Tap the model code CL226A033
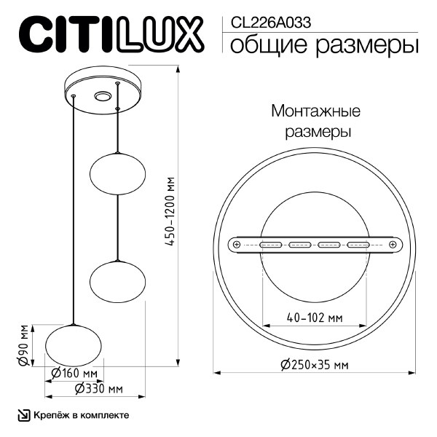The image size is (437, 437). coord(270,22)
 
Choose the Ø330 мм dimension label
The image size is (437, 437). coord(98,390)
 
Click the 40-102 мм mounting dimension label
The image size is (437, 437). coord(314,318)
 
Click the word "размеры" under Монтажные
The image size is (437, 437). coord(316,133)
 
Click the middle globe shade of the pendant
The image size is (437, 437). coord(117,279)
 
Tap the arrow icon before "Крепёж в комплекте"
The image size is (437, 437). coord(23,415)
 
